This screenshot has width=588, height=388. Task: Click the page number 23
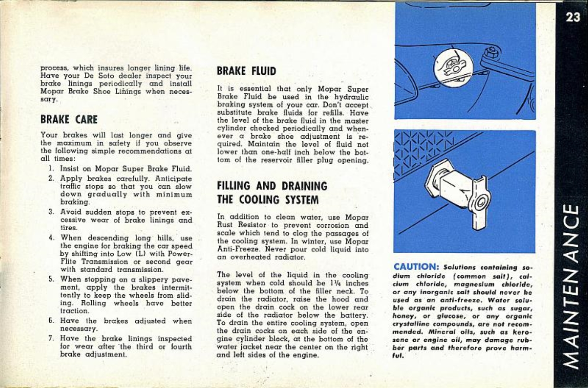(572, 17)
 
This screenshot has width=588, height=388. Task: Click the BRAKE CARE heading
(69, 119)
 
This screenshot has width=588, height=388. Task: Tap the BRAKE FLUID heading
(246, 71)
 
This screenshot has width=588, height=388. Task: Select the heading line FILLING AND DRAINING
(272, 186)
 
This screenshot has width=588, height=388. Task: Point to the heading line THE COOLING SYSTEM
(268, 200)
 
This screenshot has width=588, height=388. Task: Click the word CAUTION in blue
(416, 267)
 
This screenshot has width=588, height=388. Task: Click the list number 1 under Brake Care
(51, 169)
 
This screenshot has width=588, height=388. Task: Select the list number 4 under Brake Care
(51, 238)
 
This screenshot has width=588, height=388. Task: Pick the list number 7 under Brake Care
(51, 339)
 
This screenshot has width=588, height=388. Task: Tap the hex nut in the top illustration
(492, 54)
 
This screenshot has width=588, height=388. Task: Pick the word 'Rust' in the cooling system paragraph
(224, 225)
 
